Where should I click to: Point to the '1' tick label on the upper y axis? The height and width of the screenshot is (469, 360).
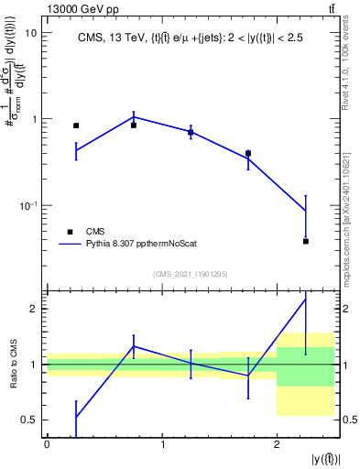34,119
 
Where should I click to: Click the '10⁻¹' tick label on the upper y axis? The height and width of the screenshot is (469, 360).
29,205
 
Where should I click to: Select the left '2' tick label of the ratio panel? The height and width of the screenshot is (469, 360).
35,309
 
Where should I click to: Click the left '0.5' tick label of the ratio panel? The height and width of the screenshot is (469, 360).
30,420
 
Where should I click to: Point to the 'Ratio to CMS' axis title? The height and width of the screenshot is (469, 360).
12,364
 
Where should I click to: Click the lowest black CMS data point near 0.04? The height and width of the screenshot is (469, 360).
306,241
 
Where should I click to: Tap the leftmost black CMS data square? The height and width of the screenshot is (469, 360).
76,125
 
